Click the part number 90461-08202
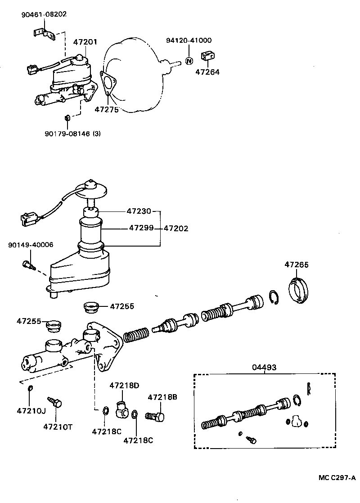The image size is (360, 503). click(x=44, y=14)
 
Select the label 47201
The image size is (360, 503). click(x=85, y=42)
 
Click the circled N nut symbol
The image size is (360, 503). click(x=189, y=61)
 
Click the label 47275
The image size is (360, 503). click(x=107, y=109)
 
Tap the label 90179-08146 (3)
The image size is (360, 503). click(x=72, y=133)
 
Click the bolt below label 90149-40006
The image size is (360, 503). click(x=28, y=265)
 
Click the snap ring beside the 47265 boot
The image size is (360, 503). click(x=275, y=297)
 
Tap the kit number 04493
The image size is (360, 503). click(x=264, y=368)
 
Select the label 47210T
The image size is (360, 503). click(x=58, y=426)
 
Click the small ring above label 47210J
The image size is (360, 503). click(x=30, y=388)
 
